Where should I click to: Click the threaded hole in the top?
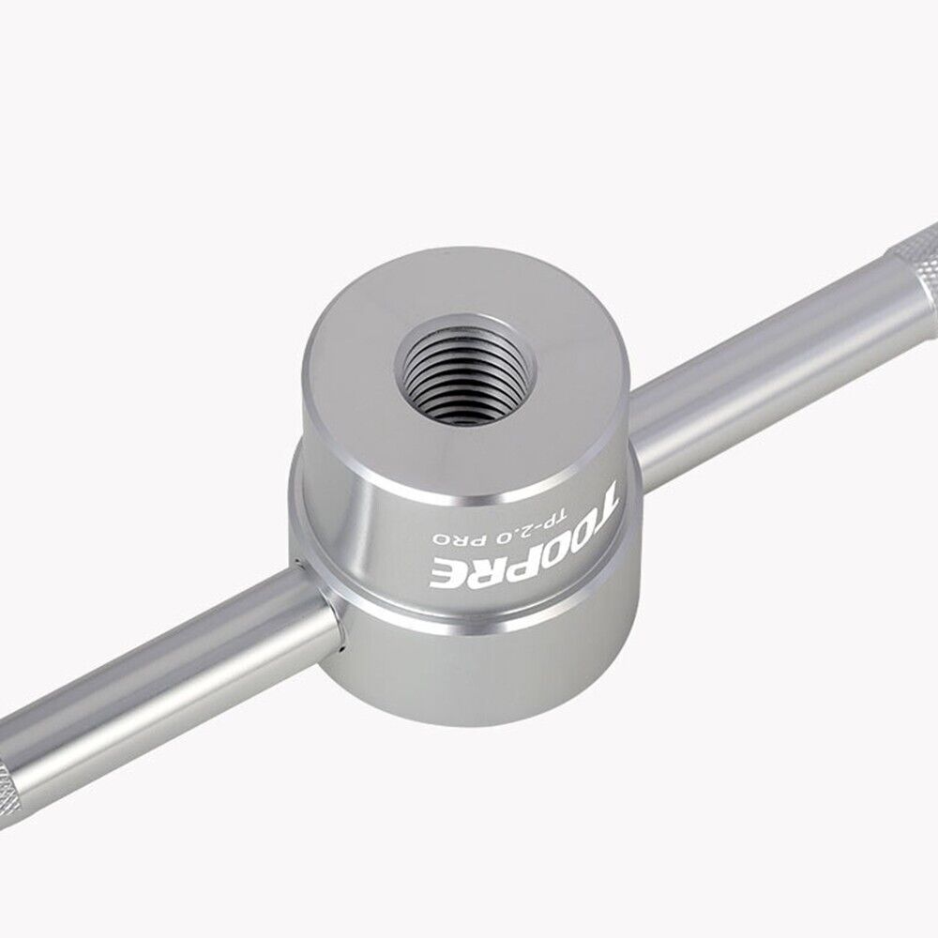coord(466,370)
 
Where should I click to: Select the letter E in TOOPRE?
coord(444,572)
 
